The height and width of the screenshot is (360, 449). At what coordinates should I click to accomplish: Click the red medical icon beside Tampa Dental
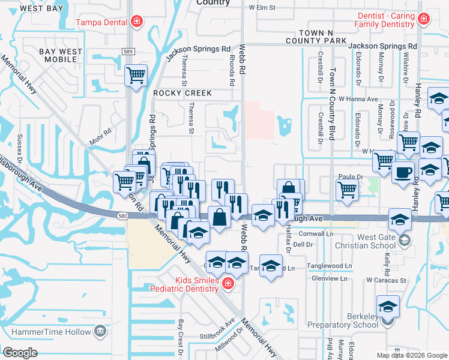pos(137,22)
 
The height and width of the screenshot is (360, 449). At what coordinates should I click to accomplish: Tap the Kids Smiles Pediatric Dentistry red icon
pos(227,283)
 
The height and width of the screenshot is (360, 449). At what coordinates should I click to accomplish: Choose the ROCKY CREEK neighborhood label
pos(182,93)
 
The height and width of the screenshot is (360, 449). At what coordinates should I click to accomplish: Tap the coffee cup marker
pos(403,172)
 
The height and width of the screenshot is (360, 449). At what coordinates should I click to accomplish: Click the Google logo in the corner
pos(20,353)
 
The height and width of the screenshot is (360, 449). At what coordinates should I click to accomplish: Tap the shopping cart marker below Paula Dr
pos(348,190)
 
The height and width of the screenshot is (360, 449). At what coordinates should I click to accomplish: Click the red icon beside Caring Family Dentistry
pos(424,19)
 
